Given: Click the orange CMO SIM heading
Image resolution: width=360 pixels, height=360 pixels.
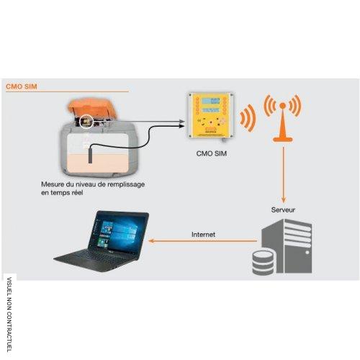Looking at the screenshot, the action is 22,86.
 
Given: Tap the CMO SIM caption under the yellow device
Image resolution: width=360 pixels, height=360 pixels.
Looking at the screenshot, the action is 212,153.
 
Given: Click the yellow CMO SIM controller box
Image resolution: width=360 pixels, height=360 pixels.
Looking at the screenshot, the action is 211,115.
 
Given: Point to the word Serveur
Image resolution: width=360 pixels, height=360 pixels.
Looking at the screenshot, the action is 283,210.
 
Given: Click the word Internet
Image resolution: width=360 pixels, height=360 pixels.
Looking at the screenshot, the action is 203,235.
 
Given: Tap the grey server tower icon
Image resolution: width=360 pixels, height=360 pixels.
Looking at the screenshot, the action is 287,246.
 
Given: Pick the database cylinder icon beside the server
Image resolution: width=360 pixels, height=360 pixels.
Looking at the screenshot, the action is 263,262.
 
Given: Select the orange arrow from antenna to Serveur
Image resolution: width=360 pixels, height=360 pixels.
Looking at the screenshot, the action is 284,175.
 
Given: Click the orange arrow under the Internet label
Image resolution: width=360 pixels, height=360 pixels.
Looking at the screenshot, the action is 203,240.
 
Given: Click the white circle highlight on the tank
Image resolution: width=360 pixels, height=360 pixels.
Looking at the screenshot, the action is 86,122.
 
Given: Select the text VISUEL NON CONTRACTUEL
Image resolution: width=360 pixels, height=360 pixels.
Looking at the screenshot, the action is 9,315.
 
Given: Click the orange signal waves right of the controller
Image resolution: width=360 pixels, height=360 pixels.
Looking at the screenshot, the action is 247,118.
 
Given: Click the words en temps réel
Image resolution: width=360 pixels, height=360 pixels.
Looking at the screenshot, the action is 62,193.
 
